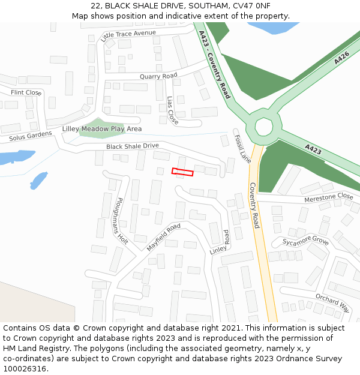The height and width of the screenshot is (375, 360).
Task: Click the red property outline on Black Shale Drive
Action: pos(182,172)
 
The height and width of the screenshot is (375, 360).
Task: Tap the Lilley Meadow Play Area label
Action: pos(102,129)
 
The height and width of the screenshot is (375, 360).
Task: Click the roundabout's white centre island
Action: pos(263,127)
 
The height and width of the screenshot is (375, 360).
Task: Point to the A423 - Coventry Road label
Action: pos(214,66)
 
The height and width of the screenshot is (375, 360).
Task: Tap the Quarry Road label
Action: pos(158,76)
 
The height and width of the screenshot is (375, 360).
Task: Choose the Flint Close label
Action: pos(26,92)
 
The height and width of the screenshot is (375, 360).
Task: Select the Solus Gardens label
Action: pos(31,137)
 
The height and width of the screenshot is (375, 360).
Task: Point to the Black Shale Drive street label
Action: pos(133,146)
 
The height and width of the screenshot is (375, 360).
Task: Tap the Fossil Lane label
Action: pos(242,149)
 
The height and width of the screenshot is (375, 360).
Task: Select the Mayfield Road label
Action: pos(163,237)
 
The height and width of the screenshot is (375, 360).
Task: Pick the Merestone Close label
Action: pos(329,196)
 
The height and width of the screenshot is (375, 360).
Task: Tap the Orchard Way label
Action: pos(332,303)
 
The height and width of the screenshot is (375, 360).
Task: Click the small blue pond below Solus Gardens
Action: pos(38,180)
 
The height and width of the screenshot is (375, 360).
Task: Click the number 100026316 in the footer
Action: pos(25,369)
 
